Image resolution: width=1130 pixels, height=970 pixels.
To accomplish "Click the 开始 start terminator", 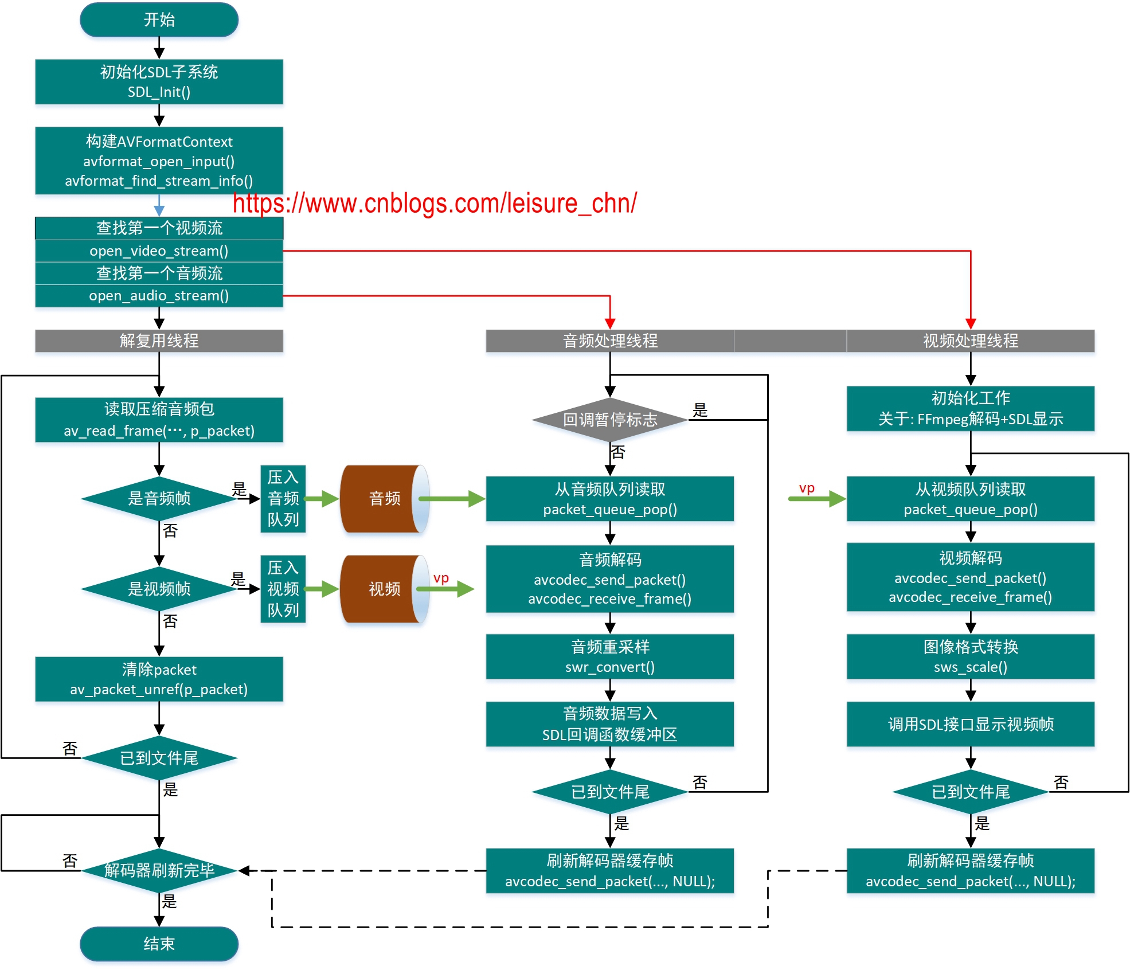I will tap(159, 20).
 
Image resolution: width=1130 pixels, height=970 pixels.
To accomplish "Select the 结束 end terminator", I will tap(159, 944).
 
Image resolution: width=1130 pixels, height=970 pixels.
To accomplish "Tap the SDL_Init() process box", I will tap(159, 81).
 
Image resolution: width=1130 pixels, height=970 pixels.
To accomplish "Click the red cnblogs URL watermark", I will tap(434, 204).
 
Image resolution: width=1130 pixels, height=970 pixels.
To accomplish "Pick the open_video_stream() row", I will tap(159, 251).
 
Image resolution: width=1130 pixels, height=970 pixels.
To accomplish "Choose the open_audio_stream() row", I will tap(159, 296).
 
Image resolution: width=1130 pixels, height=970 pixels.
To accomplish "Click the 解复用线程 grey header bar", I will tap(159, 341).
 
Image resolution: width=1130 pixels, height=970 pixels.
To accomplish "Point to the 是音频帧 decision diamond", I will tap(159, 498).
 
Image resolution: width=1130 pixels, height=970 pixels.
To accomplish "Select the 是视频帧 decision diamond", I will tap(159, 589).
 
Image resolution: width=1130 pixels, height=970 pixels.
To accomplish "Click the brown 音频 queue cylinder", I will tap(384, 498).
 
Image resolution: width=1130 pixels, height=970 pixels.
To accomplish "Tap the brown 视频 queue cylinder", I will tap(384, 589).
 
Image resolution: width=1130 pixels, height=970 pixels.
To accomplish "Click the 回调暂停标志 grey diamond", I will tap(609, 420).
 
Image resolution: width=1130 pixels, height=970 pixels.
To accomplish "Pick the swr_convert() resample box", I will tap(609, 656).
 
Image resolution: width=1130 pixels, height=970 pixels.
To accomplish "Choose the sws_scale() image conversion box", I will tap(970, 656).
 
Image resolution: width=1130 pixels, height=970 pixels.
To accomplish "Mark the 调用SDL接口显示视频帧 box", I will tap(970, 724).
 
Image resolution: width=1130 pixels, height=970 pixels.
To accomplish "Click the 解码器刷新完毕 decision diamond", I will tap(159, 870).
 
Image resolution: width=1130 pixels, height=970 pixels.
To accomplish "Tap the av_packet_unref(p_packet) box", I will tap(159, 679).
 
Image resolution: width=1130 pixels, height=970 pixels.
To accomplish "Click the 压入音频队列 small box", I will tap(283, 498).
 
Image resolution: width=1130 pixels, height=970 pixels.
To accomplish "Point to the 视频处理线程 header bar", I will tap(970, 341).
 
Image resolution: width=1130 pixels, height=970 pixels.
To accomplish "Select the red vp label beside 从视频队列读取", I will tap(807, 488).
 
